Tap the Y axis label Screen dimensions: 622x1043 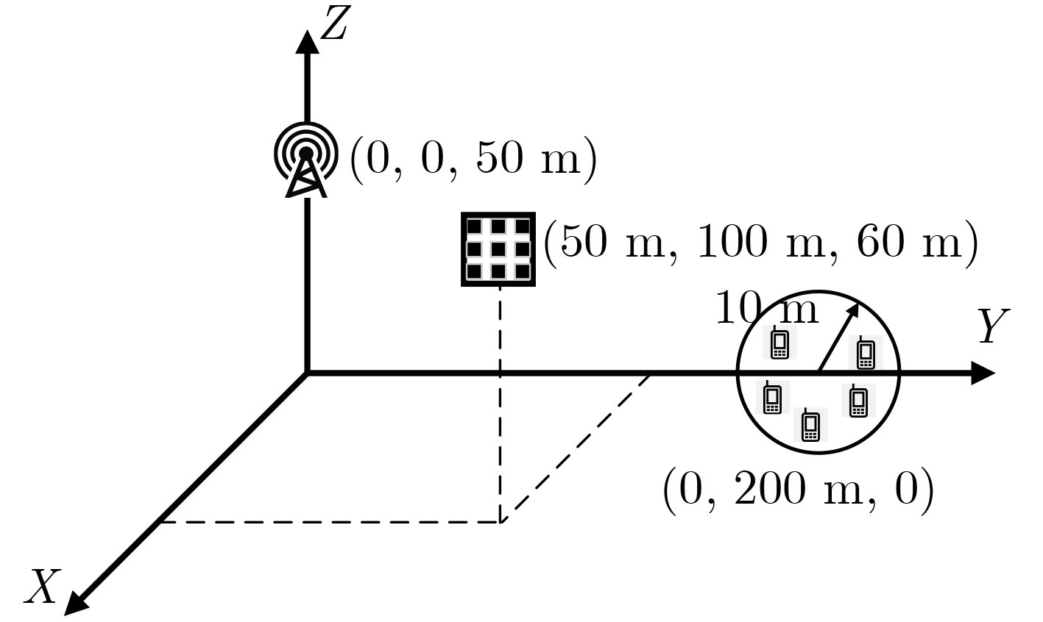(993, 326)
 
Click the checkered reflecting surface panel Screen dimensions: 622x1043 (498, 249)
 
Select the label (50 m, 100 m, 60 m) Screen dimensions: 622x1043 (760, 242)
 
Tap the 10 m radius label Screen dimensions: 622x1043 (766, 310)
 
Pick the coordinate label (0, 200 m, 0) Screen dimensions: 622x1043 (798, 489)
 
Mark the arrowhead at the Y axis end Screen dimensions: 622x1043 (982, 373)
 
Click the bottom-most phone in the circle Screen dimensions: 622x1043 (810, 425)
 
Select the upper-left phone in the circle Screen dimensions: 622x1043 (779, 343)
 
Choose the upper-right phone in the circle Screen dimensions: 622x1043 (866, 352)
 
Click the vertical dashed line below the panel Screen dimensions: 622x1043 (501, 404)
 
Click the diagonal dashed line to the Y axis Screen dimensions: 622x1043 (575, 448)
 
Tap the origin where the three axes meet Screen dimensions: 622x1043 (307, 373)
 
